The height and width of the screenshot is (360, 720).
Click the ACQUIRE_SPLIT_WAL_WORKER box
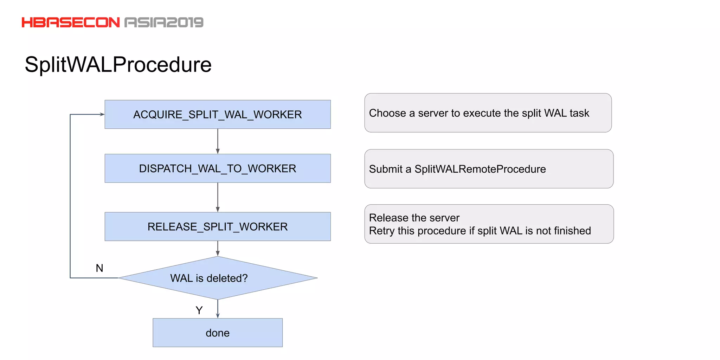click(217, 115)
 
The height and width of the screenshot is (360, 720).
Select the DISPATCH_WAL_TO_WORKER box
click(217, 168)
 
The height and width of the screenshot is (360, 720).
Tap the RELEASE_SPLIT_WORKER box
click(217, 227)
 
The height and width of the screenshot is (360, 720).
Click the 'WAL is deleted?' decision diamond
click(217, 278)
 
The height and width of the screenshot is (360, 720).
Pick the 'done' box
click(217, 333)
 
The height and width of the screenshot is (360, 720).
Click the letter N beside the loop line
click(99, 268)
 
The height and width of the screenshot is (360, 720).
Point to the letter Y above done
click(199, 310)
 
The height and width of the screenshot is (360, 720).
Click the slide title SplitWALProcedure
click(118, 65)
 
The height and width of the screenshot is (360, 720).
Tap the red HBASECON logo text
click(71, 22)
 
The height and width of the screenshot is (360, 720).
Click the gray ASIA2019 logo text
click(164, 22)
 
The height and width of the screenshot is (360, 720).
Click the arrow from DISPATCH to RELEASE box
click(218, 197)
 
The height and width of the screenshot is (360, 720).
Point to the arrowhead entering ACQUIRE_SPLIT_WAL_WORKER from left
click(102, 114)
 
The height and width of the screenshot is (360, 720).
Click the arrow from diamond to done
click(218, 309)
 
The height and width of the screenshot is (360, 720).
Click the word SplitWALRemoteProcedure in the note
click(480, 169)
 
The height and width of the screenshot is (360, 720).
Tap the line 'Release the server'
click(414, 218)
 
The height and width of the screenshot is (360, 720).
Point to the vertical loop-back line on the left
click(70, 197)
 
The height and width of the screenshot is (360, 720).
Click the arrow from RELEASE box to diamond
click(218, 249)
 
